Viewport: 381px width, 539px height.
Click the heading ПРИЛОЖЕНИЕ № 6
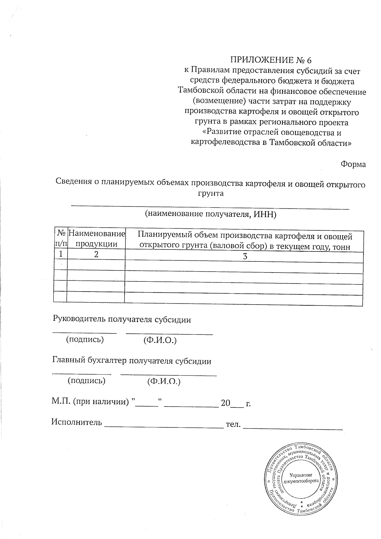(x=271, y=60)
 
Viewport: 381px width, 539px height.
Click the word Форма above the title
(x=353, y=164)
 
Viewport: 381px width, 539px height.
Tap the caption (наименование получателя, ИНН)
(x=211, y=214)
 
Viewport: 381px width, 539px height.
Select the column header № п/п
(x=61, y=239)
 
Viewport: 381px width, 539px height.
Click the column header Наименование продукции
(x=96, y=239)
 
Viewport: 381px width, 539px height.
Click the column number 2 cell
(x=96, y=254)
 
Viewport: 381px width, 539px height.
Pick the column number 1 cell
(x=61, y=254)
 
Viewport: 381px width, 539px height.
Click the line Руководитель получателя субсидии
(x=122, y=319)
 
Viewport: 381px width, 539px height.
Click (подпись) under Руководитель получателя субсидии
(x=85, y=339)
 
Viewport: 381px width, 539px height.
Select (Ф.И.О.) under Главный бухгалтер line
(x=164, y=381)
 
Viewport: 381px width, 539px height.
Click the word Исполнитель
(x=77, y=422)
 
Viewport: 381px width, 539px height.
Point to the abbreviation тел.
(x=233, y=424)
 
